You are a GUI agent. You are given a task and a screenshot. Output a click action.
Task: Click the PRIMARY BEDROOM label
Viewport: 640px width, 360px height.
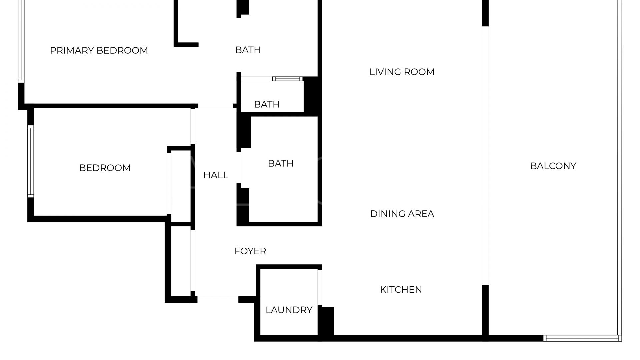(x=99, y=50)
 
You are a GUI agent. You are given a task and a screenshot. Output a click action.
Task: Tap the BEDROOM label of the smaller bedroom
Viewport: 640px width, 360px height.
(x=105, y=168)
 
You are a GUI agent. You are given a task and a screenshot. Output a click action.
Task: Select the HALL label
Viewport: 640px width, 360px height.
(x=216, y=175)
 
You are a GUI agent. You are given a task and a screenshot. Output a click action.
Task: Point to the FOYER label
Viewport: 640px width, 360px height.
(x=250, y=251)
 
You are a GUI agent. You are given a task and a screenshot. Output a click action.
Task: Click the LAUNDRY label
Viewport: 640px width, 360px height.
(x=289, y=310)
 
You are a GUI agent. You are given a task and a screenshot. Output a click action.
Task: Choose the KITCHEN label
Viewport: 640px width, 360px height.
(x=401, y=290)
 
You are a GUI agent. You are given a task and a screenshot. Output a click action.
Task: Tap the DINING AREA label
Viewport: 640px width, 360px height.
(x=402, y=214)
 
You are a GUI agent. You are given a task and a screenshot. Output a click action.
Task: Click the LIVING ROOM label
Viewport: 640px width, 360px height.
(x=402, y=72)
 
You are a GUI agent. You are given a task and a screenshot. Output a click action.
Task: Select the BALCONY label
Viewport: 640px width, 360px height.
(x=553, y=166)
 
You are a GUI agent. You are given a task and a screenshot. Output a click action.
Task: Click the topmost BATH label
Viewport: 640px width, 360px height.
(x=248, y=50)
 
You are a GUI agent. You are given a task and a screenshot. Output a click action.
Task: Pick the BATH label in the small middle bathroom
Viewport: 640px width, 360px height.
(x=267, y=104)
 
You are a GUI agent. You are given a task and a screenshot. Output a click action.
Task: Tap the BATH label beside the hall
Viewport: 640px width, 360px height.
(x=280, y=163)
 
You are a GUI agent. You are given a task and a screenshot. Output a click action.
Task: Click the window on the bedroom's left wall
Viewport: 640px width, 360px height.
(x=30, y=162)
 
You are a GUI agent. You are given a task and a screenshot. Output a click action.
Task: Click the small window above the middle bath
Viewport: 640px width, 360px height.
(x=287, y=79)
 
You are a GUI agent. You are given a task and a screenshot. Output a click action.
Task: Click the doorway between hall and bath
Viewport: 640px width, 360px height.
(x=239, y=167)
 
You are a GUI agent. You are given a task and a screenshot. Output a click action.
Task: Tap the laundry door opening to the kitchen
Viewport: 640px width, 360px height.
(x=320, y=287)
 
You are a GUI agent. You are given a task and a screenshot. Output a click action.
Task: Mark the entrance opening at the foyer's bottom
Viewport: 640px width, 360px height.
(x=218, y=296)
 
